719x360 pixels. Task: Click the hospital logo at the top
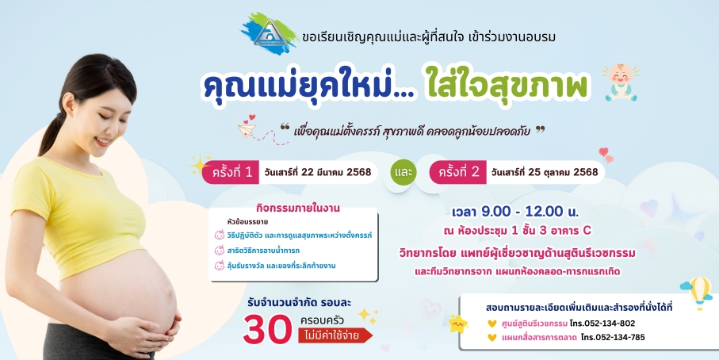(270, 33)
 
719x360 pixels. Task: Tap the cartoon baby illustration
(621, 82)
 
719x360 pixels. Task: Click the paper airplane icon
(247, 130)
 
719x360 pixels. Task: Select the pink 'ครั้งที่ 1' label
(231, 172)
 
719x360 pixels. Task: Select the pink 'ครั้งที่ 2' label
(457, 172)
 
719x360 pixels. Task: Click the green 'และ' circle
(403, 172)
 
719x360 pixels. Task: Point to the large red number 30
(267, 330)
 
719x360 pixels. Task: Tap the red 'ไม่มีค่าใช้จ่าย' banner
(335, 335)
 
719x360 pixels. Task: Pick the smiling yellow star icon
(457, 324)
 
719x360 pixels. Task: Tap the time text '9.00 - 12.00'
(522, 212)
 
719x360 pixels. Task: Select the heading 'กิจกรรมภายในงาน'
(298, 208)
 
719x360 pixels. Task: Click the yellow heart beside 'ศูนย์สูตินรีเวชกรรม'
(492, 324)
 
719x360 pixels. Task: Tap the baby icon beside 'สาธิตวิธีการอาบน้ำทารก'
(219, 251)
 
